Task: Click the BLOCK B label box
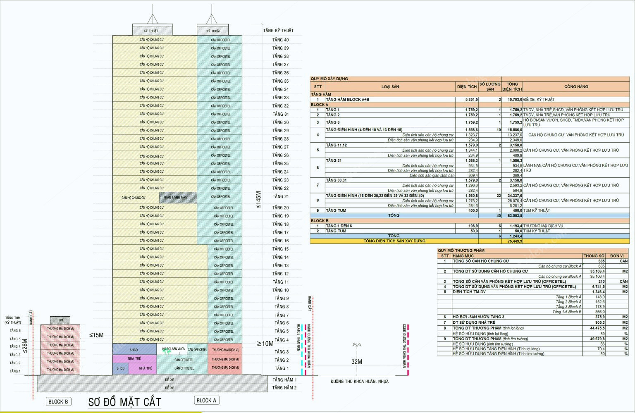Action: click(58, 401)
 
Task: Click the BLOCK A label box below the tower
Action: click(206, 400)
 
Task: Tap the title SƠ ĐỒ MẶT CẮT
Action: click(124, 402)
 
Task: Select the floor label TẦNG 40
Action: click(280, 40)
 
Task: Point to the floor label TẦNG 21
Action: click(280, 196)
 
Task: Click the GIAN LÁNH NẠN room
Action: click(176, 198)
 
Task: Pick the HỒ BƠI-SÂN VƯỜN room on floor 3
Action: click(174, 349)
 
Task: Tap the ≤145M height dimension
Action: click(259, 199)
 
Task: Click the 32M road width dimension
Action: click(357, 362)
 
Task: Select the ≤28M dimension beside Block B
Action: click(25, 346)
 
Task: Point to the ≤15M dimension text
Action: click(96, 335)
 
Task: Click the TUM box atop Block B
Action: click(60, 320)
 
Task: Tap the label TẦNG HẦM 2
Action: click(284, 388)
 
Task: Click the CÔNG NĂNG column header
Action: click(576, 87)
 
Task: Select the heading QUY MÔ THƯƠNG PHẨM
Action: click(461, 251)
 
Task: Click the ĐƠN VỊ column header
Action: click(617, 256)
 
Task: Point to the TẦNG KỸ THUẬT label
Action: click(278, 31)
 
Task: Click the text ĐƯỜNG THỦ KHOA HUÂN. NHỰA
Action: click(359, 382)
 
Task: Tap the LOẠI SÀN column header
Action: click(390, 87)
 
